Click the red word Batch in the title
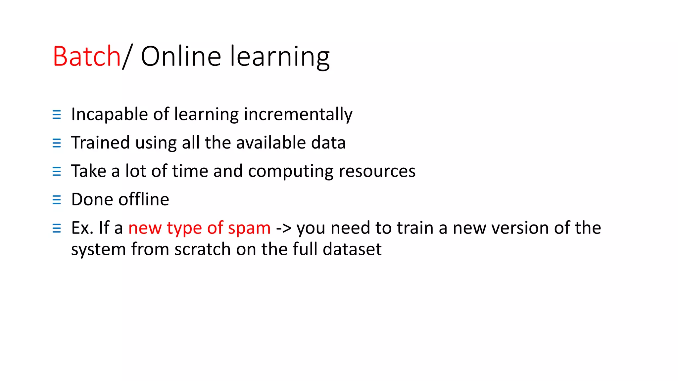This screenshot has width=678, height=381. (87, 56)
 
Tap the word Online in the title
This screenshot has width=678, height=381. (181, 56)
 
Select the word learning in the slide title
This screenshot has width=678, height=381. (280, 57)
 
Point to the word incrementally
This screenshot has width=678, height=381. (298, 114)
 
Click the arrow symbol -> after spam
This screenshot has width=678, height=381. (284, 228)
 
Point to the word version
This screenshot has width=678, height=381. (520, 228)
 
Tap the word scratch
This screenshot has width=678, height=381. (203, 249)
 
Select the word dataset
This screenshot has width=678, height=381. (352, 249)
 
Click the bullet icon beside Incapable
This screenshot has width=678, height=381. (57, 115)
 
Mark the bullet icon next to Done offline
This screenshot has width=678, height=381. (57, 200)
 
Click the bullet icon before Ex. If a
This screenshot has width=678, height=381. (57, 228)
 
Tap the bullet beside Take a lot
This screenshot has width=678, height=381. (57, 171)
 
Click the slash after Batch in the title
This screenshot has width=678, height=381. (127, 56)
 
